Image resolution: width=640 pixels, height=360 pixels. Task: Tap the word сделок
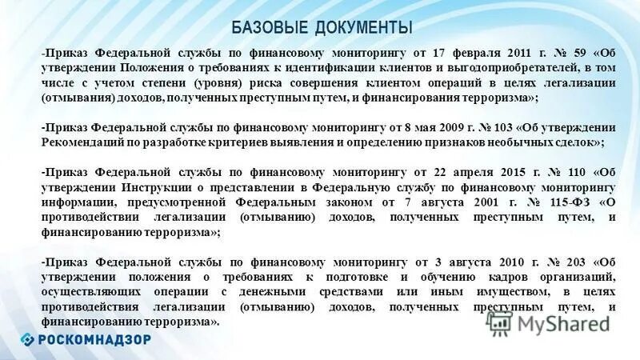578,141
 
